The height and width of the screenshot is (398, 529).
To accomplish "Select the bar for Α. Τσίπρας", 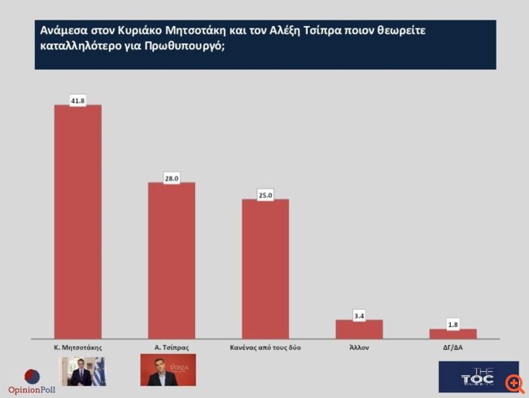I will [171, 260].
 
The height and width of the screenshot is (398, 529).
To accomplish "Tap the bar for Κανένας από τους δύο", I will [265, 269].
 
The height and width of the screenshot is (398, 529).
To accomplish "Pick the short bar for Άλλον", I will [359, 329].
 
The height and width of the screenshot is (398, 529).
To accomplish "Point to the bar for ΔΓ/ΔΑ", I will [453, 333].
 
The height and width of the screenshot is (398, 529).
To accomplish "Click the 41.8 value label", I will [77, 100].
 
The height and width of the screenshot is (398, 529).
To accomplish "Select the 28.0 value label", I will [171, 177].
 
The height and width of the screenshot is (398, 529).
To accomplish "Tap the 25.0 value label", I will [265, 195].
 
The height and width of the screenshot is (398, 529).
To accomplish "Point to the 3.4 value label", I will [359, 315].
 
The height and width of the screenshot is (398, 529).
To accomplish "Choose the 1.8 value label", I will [453, 324].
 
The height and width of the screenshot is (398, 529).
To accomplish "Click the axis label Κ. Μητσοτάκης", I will [77, 348].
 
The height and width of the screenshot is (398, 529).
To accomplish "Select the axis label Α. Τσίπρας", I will [171, 348].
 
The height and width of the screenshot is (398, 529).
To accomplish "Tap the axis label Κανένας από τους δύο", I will [265, 348].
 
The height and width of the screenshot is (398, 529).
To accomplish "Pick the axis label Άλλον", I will [359, 348].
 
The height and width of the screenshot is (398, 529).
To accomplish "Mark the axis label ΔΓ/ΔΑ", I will [453, 348].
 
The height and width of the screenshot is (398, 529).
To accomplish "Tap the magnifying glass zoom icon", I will [514, 382].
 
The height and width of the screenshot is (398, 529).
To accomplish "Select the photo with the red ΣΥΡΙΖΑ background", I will [168, 370].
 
